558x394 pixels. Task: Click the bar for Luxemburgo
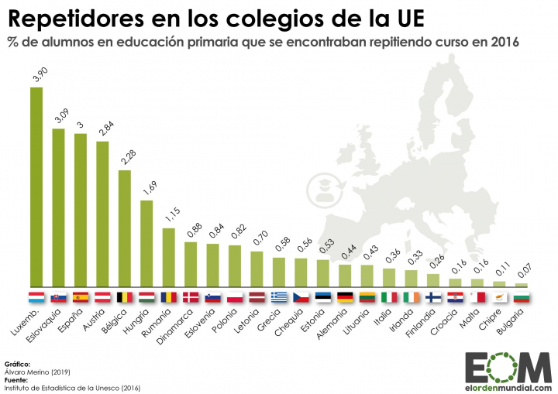click(x=36, y=186)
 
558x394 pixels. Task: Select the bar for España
click(x=80, y=209)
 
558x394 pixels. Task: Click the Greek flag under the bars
click(x=279, y=297)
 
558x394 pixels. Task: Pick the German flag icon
click(x=346, y=297)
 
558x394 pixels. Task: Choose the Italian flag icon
click(x=390, y=297)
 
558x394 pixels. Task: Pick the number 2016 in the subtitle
click(x=505, y=41)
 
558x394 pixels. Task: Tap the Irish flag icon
click(x=412, y=297)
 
